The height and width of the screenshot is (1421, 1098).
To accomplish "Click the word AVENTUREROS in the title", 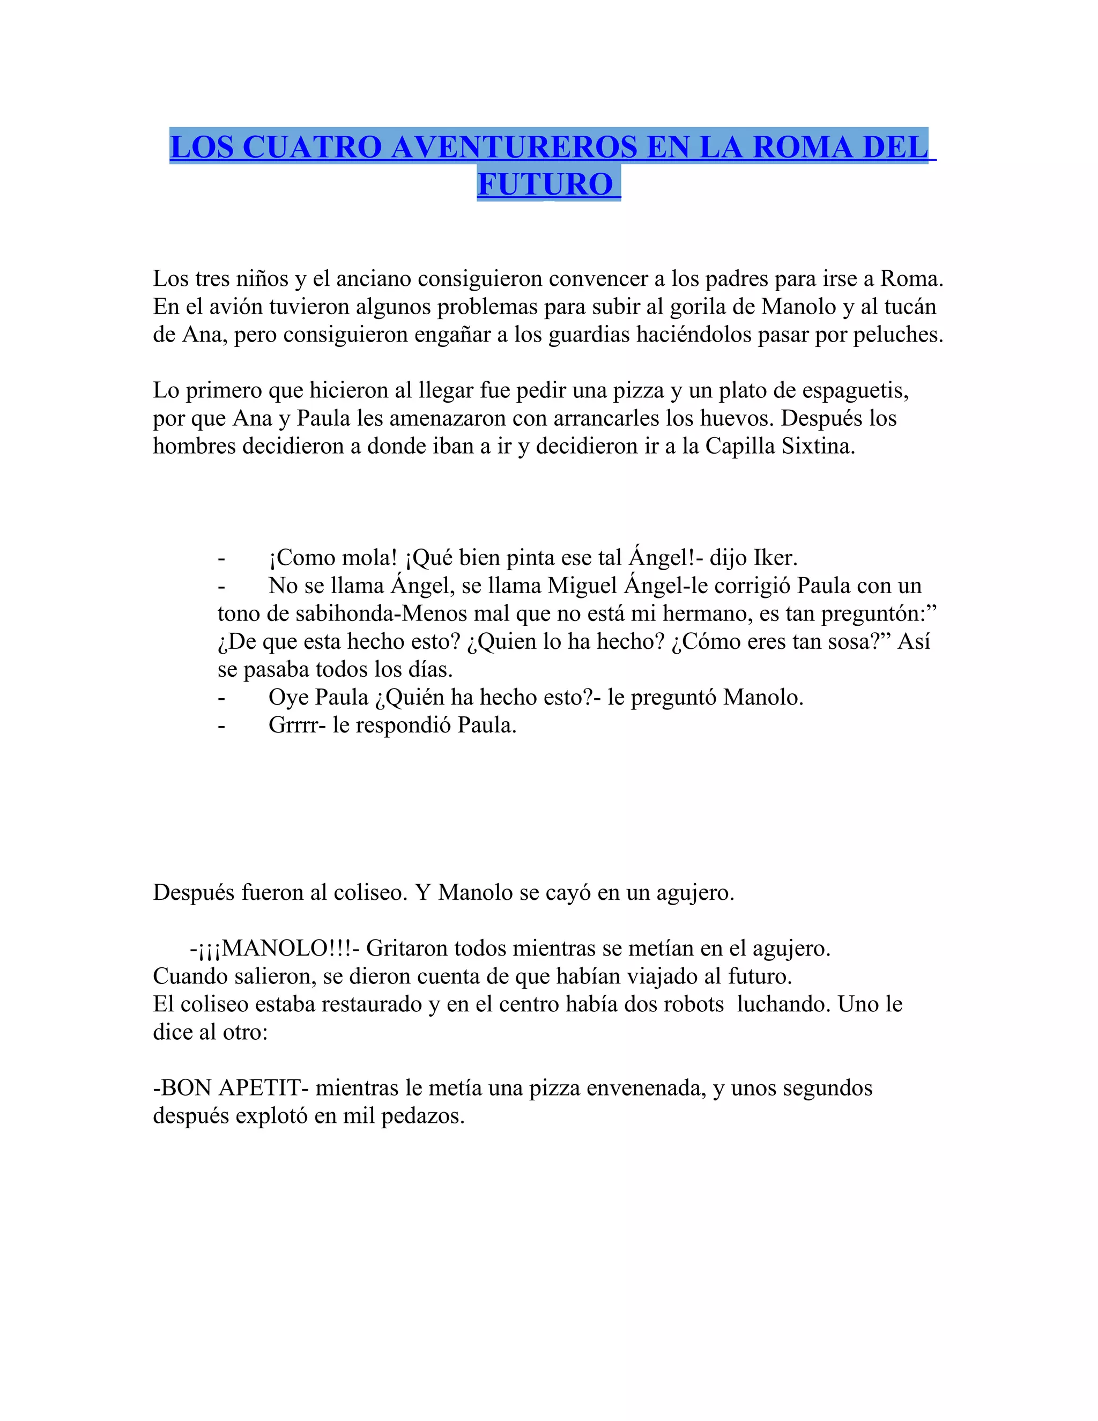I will [513, 146].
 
